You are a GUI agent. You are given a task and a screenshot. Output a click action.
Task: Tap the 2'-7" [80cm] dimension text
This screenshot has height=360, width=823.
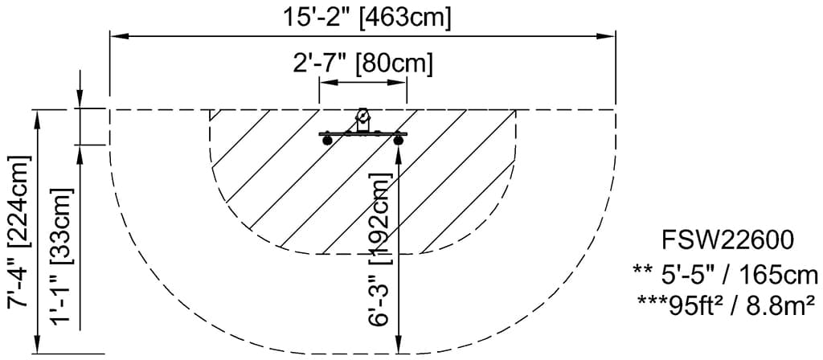click(363, 64)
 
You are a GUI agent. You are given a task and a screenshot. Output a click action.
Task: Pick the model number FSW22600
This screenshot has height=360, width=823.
click(728, 240)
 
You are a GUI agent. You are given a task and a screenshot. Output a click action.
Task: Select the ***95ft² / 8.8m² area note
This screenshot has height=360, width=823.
click(728, 306)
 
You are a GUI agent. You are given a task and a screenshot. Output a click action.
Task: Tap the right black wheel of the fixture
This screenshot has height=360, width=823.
click(398, 142)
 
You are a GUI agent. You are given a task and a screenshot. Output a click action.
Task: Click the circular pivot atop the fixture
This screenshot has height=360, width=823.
click(363, 117)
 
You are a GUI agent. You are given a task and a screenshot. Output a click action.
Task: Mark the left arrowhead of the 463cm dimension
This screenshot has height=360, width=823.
click(117, 35)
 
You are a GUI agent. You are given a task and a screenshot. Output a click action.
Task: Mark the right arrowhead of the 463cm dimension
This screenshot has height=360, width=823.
click(608, 35)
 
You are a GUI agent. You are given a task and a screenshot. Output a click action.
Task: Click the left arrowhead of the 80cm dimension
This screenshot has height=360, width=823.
click(326, 84)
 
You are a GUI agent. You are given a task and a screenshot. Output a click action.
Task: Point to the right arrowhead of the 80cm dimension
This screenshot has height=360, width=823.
click(401, 84)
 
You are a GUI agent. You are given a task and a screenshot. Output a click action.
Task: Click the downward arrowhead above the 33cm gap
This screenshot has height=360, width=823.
click(80, 100)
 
